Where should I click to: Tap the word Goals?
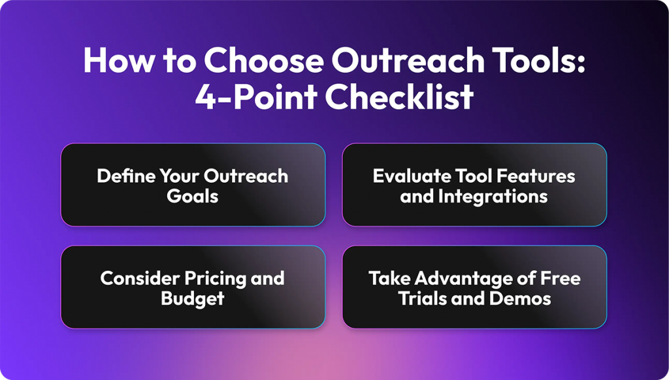point(193,195)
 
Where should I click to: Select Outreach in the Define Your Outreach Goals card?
point(246,176)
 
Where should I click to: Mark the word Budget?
point(193,298)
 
